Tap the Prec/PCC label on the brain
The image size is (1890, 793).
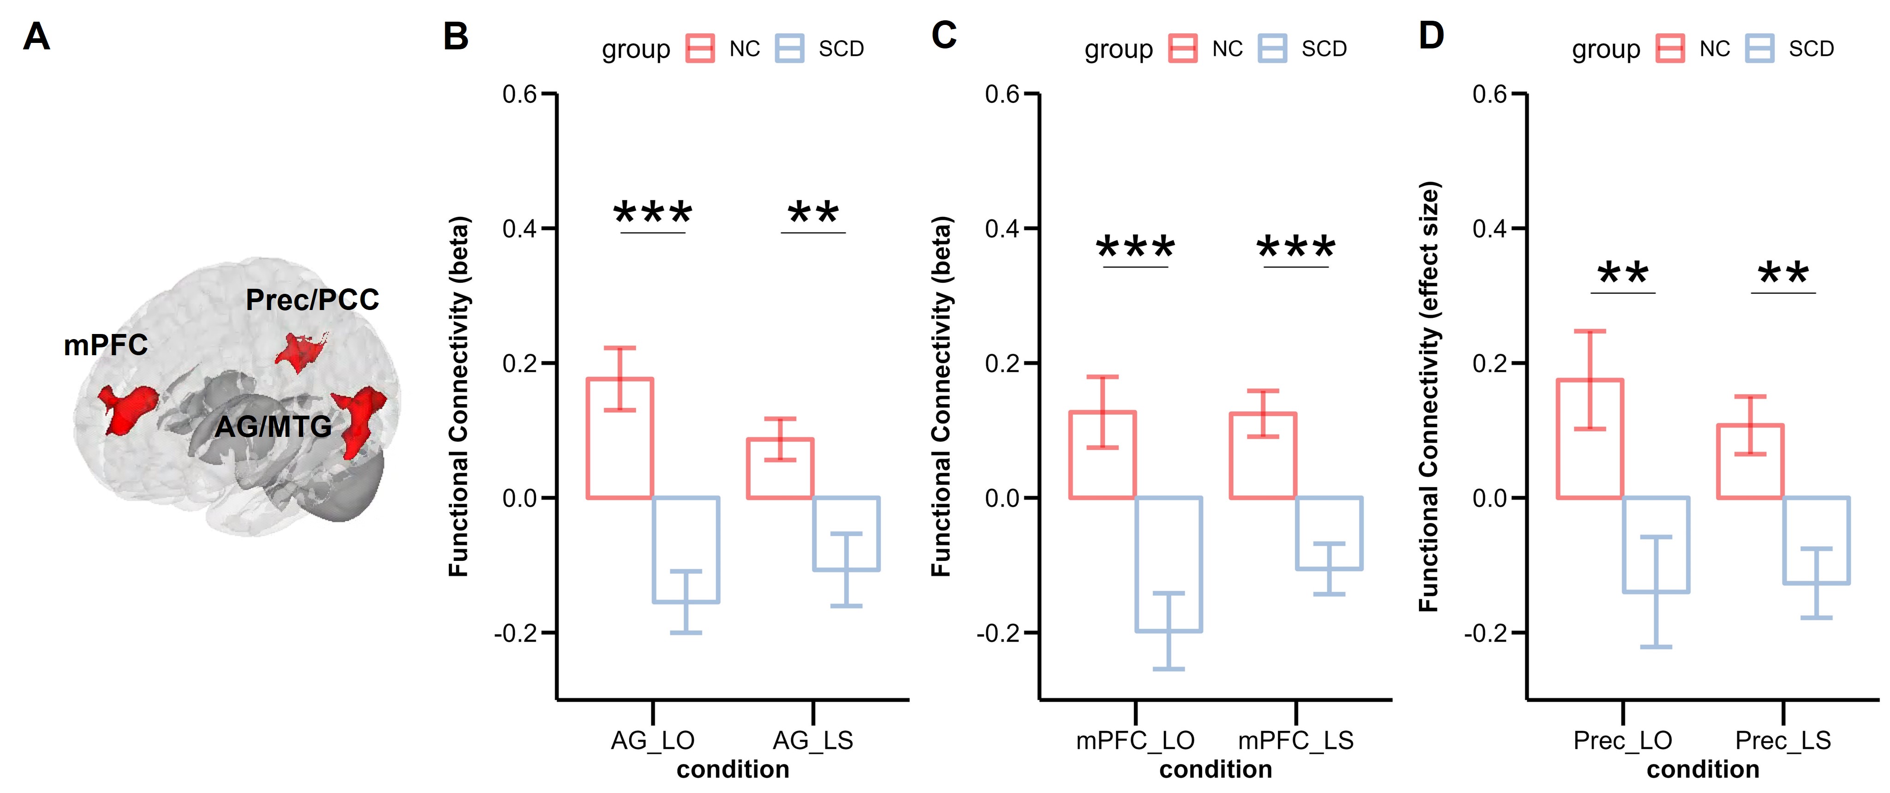[312, 299]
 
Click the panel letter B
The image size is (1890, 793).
[456, 36]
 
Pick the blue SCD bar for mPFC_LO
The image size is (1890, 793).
[1168, 564]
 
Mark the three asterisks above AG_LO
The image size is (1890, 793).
[652, 214]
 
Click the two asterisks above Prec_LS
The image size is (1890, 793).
[1783, 274]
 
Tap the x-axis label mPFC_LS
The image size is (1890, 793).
[1296, 740]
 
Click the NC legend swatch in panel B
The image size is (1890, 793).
[700, 48]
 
